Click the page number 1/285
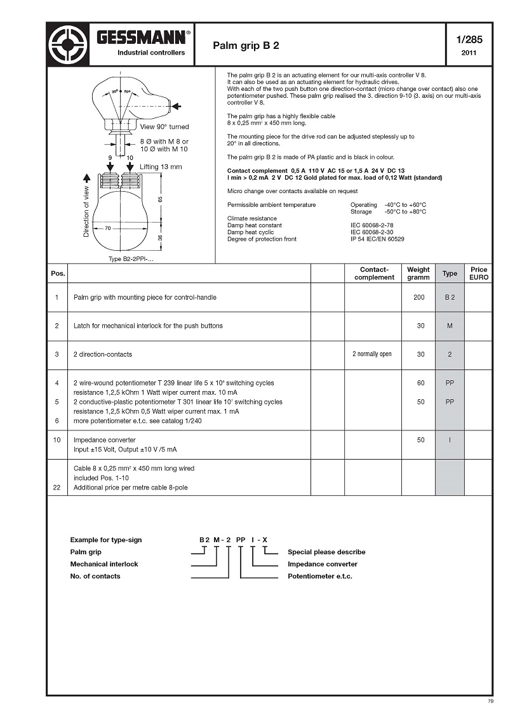pos(469,39)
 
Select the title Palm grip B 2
pos(246,46)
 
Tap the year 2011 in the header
pos(469,53)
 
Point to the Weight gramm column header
pos(418,274)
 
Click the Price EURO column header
pos(479,274)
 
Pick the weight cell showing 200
pos(419,297)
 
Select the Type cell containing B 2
pos(450,297)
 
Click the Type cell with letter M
pos(450,326)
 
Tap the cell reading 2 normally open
pos(372,354)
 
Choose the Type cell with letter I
pos(450,439)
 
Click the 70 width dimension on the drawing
pos(109,227)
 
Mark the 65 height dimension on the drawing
pos(161,199)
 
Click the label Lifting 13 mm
pos(161,166)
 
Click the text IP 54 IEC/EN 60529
pos(377,239)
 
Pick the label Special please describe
pos(326,552)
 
